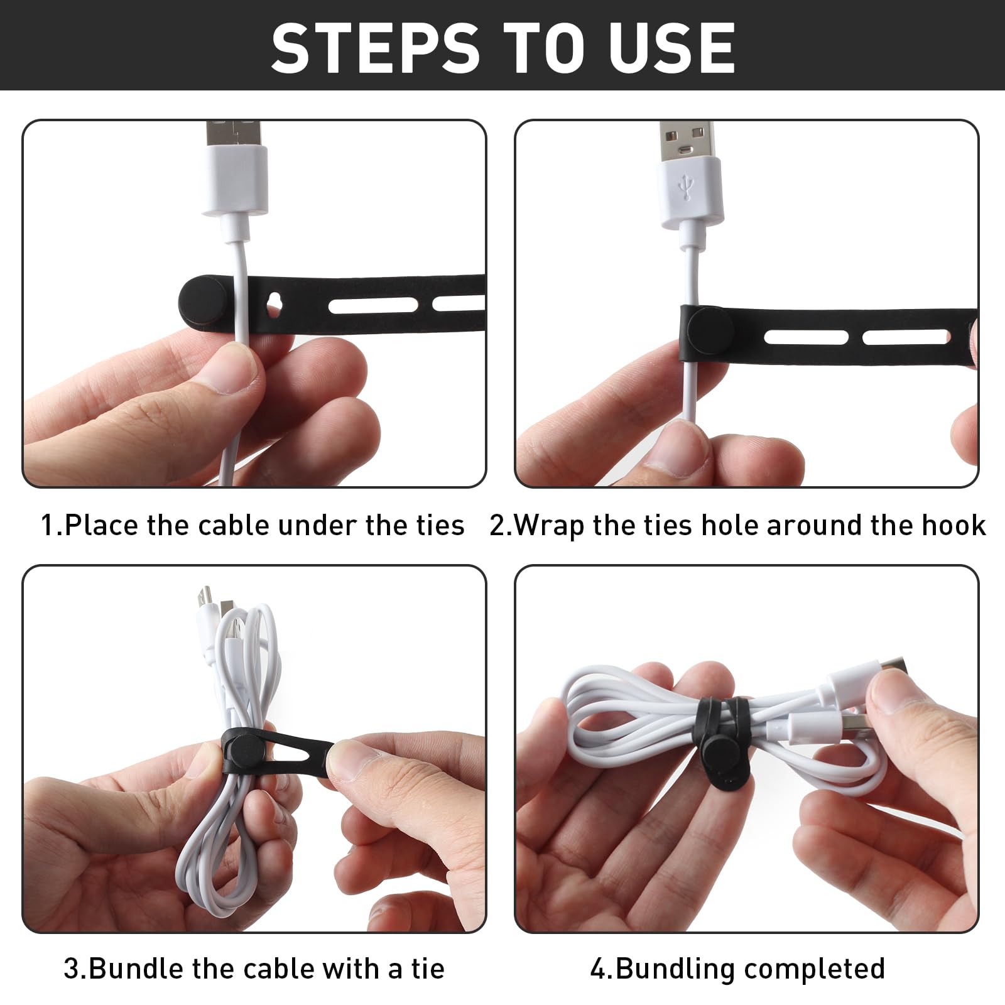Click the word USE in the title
pyautogui.click(x=673, y=48)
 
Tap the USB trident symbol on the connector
pyautogui.click(x=688, y=187)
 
